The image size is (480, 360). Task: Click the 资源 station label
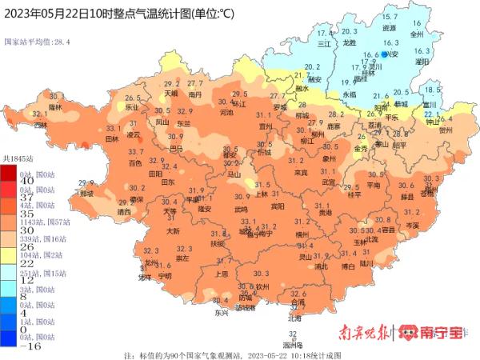389,27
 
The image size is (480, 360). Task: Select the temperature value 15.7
390,18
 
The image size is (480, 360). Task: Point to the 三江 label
324,45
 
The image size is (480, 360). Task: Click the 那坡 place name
86,193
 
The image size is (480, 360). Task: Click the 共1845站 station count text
18,160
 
